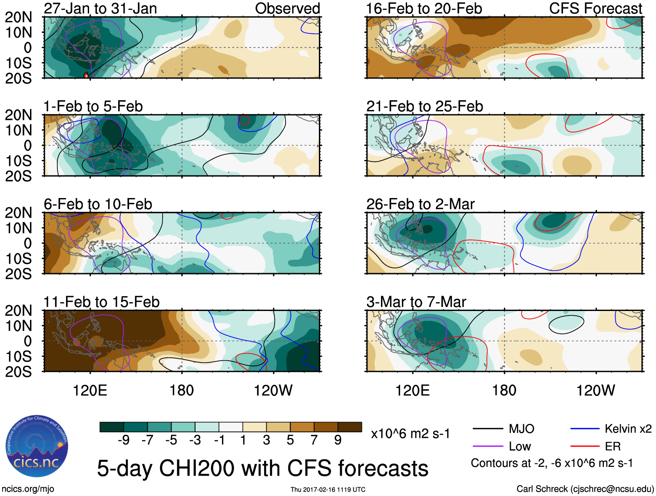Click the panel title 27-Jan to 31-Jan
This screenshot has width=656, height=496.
coord(100,8)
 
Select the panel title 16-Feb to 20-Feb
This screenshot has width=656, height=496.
coord(424,8)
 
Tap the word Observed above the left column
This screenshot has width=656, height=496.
coord(287,8)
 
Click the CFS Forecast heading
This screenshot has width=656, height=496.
coord(595,8)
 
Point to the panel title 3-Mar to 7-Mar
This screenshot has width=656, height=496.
coord(416,302)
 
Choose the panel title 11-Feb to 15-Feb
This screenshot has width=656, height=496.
coord(101,302)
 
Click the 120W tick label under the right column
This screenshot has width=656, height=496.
coord(595,390)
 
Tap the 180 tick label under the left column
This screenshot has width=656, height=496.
coord(182,390)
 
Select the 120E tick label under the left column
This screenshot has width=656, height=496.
coord(90,390)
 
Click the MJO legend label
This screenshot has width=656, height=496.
coord(521,429)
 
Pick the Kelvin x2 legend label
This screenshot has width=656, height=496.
coord(628,429)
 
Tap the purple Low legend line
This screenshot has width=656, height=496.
coord(487,446)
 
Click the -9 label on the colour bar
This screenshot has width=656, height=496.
coord(124,440)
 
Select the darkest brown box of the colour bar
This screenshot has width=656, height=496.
coord(350,427)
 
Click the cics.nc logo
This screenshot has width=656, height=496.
coord(36,446)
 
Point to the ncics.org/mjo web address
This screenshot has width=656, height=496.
coord(28,489)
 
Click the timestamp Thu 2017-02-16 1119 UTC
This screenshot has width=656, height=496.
coord(328,489)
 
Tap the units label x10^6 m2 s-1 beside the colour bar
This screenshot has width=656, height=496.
coord(410,433)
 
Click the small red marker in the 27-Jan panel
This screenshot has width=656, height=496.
coord(86,76)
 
